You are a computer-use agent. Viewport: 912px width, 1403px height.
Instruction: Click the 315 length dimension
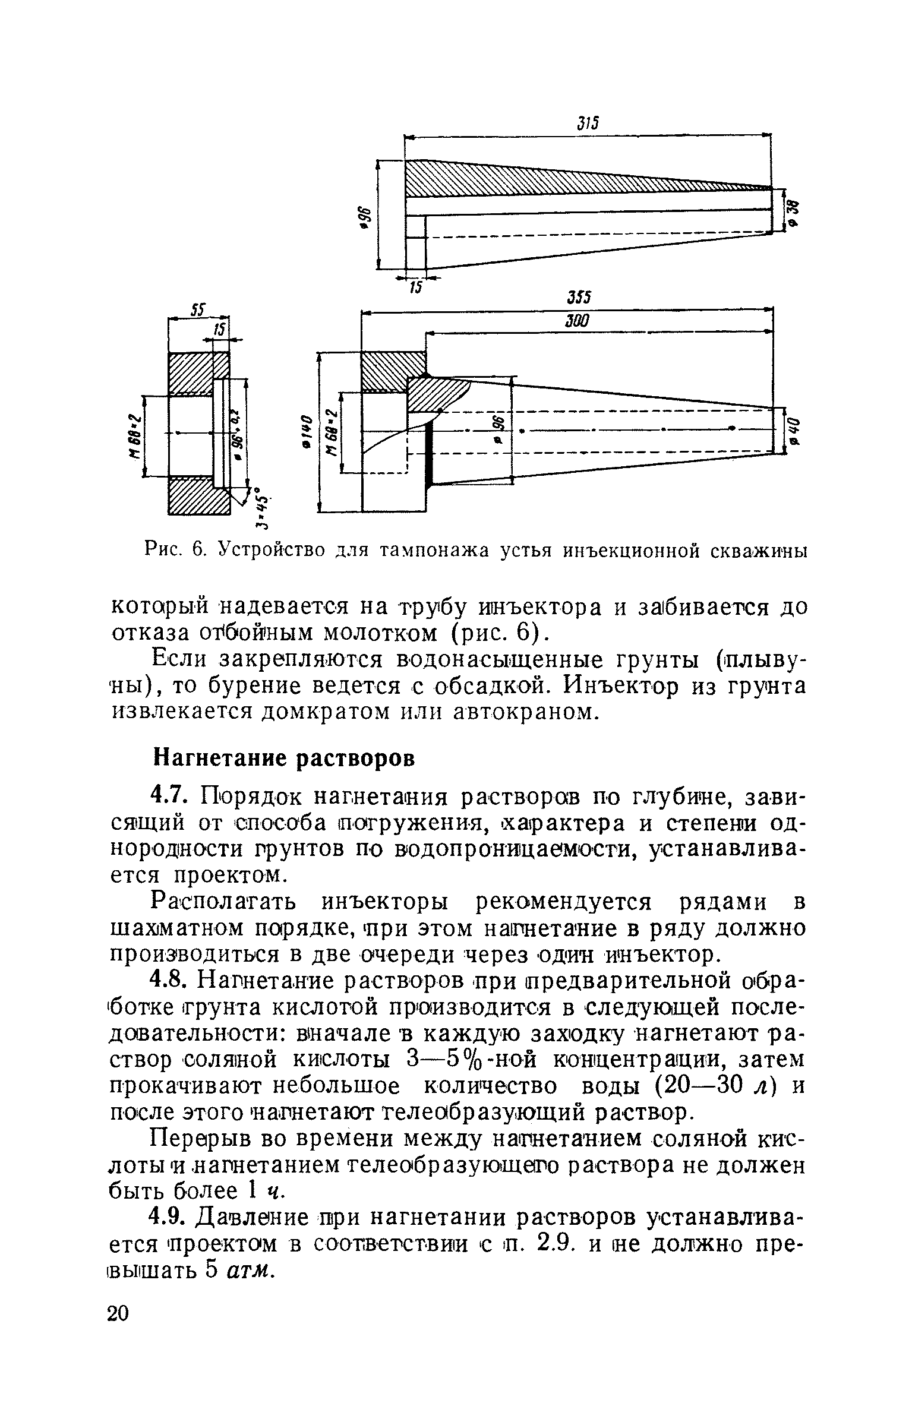pyautogui.click(x=587, y=123)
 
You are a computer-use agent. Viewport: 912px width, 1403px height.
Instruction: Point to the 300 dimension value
pyautogui.click(x=576, y=321)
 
